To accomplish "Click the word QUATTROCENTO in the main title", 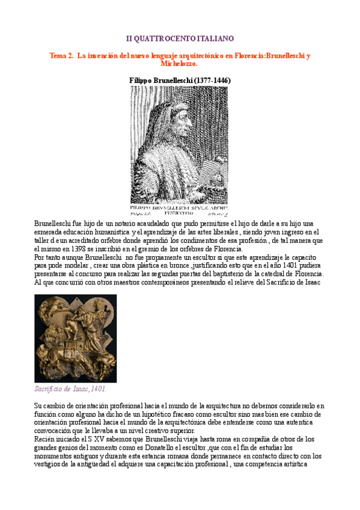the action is click(163, 38).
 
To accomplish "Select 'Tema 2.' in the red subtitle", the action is click(61, 55).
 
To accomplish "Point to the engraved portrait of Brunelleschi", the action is click(180, 144).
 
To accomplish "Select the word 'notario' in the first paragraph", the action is click(114, 223).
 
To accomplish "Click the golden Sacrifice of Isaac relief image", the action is click(76, 338).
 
